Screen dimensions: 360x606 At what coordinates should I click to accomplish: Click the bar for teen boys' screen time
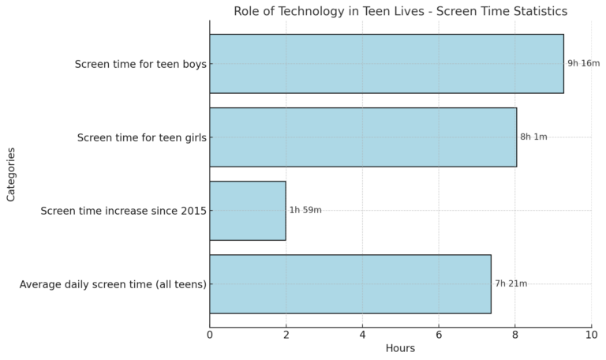pos(387,64)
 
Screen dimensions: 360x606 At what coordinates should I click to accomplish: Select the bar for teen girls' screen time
pos(363,137)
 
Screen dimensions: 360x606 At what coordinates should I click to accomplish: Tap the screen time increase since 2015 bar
pos(248,211)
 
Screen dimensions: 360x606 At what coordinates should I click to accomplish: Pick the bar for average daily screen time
pos(350,284)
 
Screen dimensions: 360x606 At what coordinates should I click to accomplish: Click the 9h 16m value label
pos(583,63)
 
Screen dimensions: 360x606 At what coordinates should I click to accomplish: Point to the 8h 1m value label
pos(533,137)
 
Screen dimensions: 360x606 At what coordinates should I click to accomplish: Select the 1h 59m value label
pos(305,210)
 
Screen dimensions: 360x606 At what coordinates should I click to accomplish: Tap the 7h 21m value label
pos(511,283)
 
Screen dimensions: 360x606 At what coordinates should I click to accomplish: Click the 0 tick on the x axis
pos(210,335)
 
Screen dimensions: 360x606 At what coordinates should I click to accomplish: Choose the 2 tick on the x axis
pos(286,335)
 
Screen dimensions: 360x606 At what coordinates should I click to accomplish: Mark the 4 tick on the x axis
pos(362,335)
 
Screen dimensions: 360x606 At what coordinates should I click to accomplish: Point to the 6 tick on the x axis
pos(439,335)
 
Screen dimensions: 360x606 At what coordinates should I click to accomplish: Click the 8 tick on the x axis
pos(515,335)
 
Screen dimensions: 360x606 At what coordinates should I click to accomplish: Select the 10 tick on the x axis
pos(591,335)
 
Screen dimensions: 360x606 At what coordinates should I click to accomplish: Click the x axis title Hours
pos(400,348)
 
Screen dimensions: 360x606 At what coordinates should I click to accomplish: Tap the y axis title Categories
pos(11,173)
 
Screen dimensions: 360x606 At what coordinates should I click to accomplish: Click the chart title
pos(400,11)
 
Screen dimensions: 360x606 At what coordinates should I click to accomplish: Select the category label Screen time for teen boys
pos(140,64)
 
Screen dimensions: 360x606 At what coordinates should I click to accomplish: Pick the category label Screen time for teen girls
pos(142,137)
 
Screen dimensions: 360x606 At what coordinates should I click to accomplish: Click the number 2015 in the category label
pos(193,211)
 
